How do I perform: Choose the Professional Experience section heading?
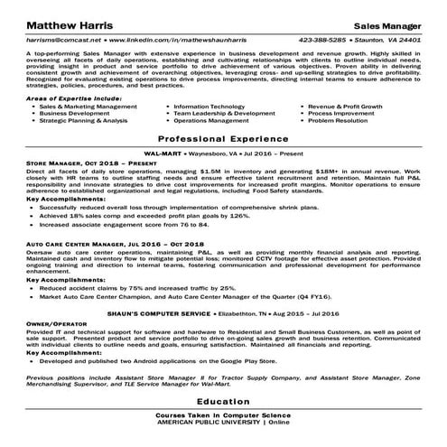pos(223,140)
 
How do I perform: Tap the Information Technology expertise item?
pos(209,106)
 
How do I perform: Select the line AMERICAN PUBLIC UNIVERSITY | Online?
pos(223,422)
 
